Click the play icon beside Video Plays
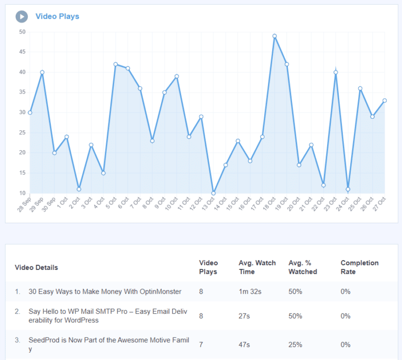click(21, 17)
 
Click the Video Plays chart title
click(57, 16)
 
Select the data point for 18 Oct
click(274, 36)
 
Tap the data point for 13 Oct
click(213, 193)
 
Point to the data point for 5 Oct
click(116, 64)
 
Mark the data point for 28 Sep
click(30, 113)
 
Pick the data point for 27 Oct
click(385, 100)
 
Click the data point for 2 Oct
click(79, 189)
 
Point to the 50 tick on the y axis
click(22, 32)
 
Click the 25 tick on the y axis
click(22, 133)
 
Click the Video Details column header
click(36, 267)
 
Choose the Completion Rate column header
click(359, 267)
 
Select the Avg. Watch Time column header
click(256, 267)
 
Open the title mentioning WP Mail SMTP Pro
click(108, 316)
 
